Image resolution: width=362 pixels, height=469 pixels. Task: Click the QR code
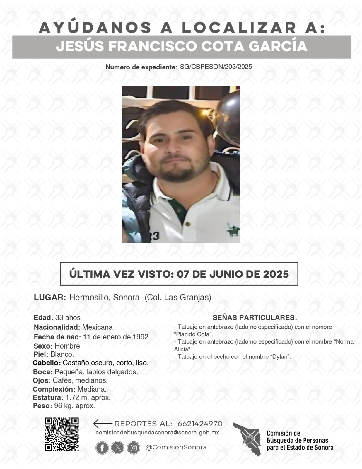coord(62,434)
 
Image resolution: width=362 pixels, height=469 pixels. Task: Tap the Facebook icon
coord(102,448)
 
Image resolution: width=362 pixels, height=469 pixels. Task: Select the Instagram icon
coord(134,448)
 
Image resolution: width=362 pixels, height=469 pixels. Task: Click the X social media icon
coord(118,448)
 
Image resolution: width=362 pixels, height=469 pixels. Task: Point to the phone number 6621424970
coord(200,424)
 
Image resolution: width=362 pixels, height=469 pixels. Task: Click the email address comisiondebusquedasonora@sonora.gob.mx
coord(157,433)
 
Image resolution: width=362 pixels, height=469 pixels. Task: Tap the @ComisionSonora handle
coord(176,447)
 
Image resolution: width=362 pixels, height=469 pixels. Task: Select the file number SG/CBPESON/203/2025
coord(216,67)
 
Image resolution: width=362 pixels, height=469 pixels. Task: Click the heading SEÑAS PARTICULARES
coord(255,318)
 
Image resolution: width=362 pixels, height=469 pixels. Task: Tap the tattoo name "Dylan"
coord(280,357)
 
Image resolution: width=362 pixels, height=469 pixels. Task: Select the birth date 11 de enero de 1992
coord(116,337)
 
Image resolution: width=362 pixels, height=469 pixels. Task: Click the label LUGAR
coord(50,297)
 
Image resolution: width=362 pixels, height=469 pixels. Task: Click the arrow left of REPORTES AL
coord(103,424)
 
